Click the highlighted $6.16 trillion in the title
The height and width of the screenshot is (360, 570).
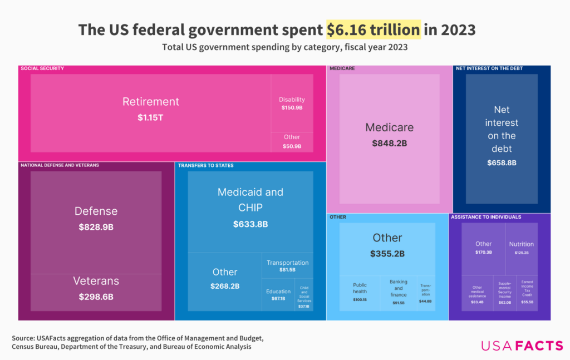tap(373, 29)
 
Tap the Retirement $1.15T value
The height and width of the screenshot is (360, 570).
tap(151, 118)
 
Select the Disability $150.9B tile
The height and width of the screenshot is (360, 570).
tap(292, 103)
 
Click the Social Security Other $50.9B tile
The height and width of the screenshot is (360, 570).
tap(292, 141)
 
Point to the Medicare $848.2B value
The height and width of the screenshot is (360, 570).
tap(389, 143)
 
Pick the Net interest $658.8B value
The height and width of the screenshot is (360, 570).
tap(502, 162)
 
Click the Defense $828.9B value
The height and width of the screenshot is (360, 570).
tap(96, 227)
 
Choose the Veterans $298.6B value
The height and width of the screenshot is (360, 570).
tap(96, 297)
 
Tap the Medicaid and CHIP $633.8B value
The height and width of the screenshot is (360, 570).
tap(250, 224)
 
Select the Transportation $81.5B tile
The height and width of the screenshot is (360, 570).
tap(287, 265)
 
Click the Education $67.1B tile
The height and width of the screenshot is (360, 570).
tap(278, 294)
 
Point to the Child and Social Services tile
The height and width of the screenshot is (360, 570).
tap(304, 297)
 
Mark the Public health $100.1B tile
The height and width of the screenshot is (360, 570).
tap(360, 292)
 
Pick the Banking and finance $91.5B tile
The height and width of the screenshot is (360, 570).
tap(399, 292)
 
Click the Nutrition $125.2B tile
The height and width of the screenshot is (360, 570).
tap(521, 248)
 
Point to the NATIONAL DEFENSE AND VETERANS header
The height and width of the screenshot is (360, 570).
tap(60, 165)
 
